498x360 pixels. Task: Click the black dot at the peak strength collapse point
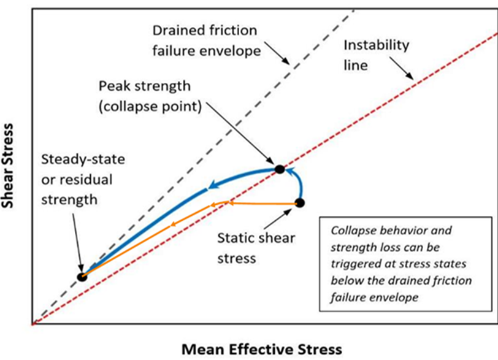point(280,169)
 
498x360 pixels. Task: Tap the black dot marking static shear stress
point(300,202)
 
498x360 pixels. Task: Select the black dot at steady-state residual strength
point(82,277)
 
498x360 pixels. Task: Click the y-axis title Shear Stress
point(7,166)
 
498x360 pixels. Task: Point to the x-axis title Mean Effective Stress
point(262,349)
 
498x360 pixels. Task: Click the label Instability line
point(377,55)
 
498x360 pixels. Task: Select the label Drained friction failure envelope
point(207,40)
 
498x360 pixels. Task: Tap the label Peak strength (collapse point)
point(150,96)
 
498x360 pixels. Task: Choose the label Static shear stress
point(256,248)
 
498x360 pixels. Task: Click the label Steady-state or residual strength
point(83,179)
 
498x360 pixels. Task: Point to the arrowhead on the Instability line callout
point(410,77)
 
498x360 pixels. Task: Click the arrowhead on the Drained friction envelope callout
point(286,61)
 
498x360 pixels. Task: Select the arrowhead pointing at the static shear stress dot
point(288,212)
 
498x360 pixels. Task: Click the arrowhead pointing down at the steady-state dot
point(81,267)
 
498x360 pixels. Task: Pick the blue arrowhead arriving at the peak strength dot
point(289,171)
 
